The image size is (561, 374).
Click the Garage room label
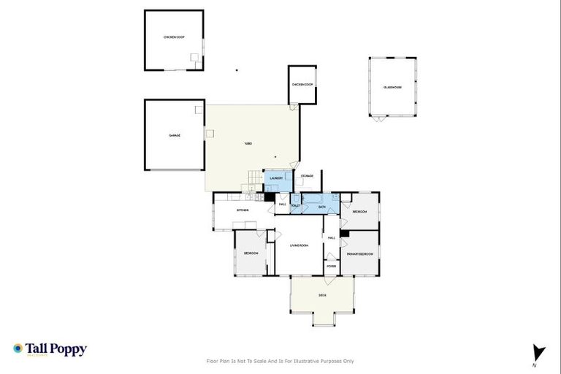pyautogui.click(x=175, y=135)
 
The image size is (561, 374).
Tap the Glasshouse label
pyautogui.click(x=393, y=87)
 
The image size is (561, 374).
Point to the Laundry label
pyautogui.click(x=276, y=178)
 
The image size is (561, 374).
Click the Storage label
pyautogui.click(x=308, y=176)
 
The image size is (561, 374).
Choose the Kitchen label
pyautogui.click(x=243, y=210)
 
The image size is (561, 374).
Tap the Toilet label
pyautogui.click(x=296, y=207)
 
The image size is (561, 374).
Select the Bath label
pyautogui.click(x=322, y=207)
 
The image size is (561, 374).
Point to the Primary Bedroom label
pyautogui.click(x=360, y=253)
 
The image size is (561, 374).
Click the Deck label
pyautogui.click(x=322, y=295)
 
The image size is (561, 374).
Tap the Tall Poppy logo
pyautogui.click(x=50, y=349)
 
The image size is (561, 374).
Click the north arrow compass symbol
pyautogui.click(x=539, y=354)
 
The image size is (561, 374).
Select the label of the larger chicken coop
pyautogui.click(x=174, y=37)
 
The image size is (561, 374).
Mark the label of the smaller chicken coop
pyautogui.click(x=302, y=85)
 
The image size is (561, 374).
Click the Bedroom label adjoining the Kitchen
pyautogui.click(x=251, y=253)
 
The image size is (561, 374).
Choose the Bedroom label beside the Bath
pyautogui.click(x=359, y=211)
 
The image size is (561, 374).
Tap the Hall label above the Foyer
pyautogui.click(x=332, y=238)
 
